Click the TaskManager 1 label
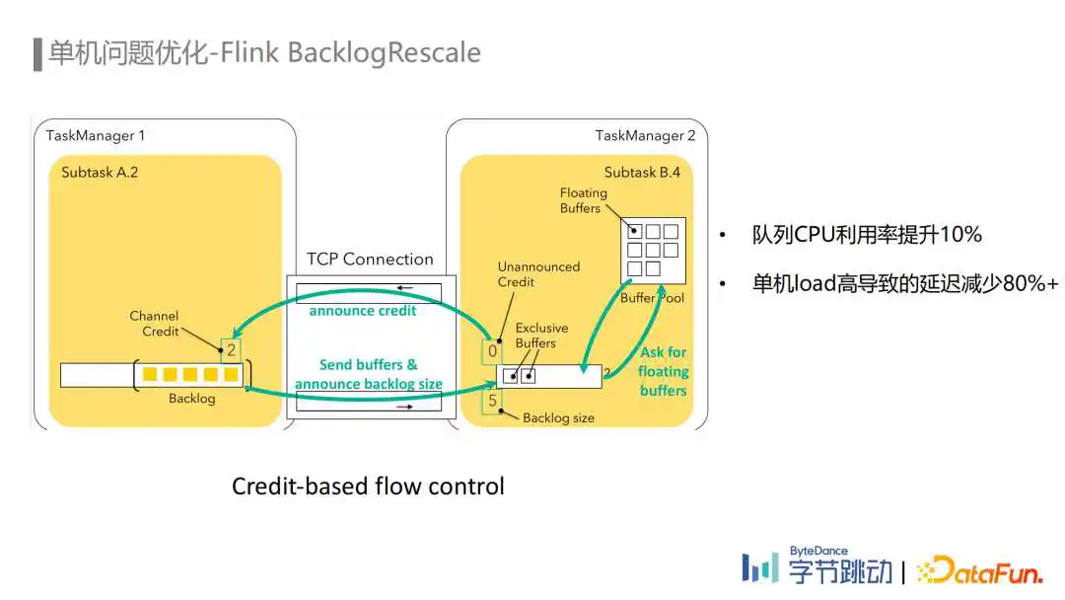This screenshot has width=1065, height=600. point(95,136)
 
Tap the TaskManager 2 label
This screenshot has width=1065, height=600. point(645,136)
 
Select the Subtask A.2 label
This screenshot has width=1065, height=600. point(100,173)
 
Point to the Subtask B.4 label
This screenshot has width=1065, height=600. point(642,173)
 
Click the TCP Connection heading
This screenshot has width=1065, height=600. point(370,259)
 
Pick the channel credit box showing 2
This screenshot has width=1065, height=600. point(231,350)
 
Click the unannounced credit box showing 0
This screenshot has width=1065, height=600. point(492,351)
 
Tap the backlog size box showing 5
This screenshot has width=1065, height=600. point(492,401)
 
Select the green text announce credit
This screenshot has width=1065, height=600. point(363,311)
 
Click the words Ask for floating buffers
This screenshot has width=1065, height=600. point(663,371)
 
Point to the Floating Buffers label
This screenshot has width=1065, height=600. point(584,200)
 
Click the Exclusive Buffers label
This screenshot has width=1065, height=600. point(541,335)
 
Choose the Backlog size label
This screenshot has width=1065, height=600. point(558,417)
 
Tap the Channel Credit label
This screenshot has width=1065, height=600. point(154,324)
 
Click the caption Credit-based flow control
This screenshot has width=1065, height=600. point(368,487)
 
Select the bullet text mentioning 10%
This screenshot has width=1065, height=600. point(867,235)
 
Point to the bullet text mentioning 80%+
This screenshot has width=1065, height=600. point(904,283)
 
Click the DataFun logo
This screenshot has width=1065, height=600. point(979,570)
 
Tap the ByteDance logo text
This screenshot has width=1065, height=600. point(818,551)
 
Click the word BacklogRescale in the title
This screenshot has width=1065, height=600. point(385,53)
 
